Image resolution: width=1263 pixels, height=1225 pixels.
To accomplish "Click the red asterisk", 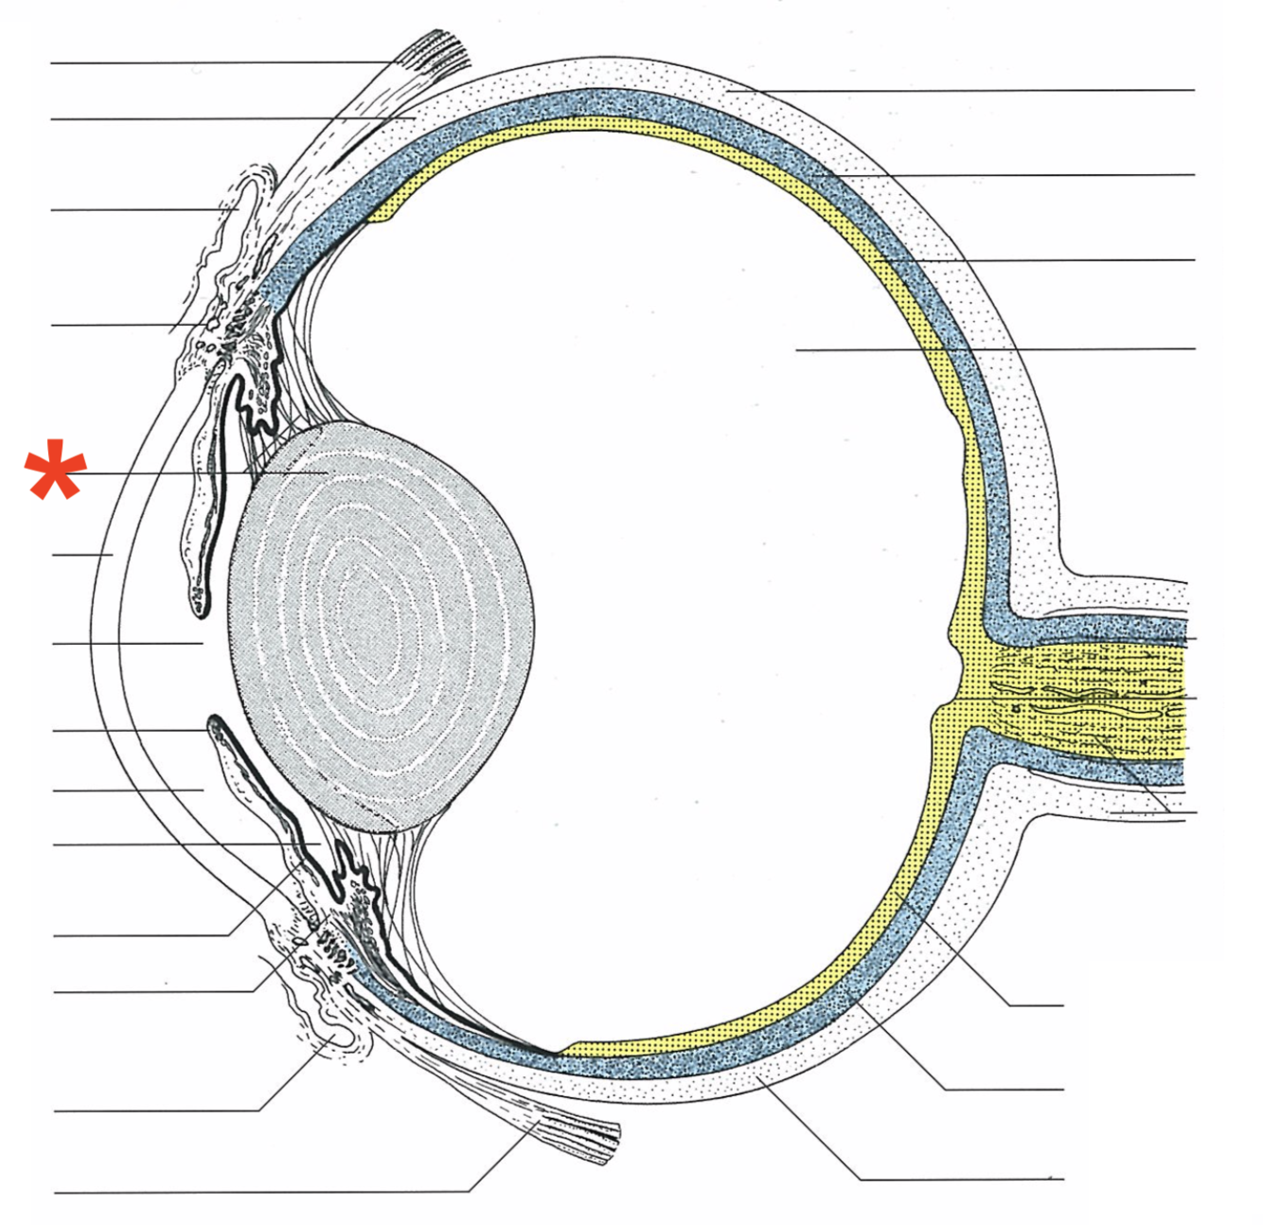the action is [x=56, y=470].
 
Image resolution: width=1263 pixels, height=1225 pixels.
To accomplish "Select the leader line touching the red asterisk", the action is [x=189, y=472].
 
